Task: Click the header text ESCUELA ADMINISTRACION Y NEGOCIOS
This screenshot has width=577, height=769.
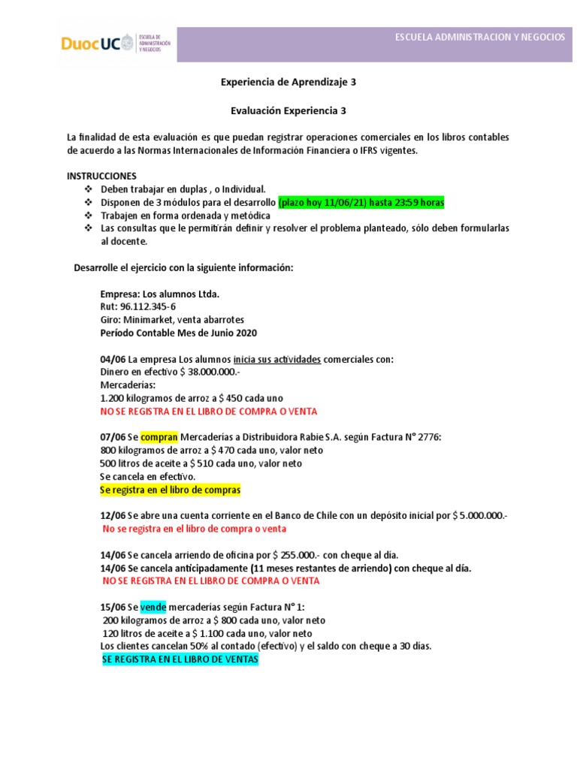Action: pyautogui.click(x=480, y=38)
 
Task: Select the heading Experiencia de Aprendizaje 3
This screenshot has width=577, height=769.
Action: pyautogui.click(x=288, y=83)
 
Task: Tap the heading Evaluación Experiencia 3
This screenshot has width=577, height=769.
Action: pyautogui.click(x=288, y=110)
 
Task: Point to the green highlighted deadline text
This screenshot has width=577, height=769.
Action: pyautogui.click(x=361, y=203)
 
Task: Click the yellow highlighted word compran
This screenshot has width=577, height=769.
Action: pyautogui.click(x=159, y=438)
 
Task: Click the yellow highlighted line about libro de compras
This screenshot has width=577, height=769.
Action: pyautogui.click(x=170, y=490)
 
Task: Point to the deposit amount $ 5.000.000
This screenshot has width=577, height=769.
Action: pyautogui.click(x=481, y=516)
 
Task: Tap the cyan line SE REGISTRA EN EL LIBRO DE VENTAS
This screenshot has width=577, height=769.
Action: pyautogui.click(x=180, y=659)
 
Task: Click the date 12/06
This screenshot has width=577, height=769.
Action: pyautogui.click(x=113, y=516)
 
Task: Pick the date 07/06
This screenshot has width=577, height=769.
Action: pyautogui.click(x=113, y=438)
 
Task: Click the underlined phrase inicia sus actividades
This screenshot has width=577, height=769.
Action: pyautogui.click(x=277, y=359)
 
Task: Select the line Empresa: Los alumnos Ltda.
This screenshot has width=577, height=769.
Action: pyautogui.click(x=160, y=294)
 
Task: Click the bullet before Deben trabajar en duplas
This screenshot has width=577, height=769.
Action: pyautogui.click(x=87, y=190)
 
